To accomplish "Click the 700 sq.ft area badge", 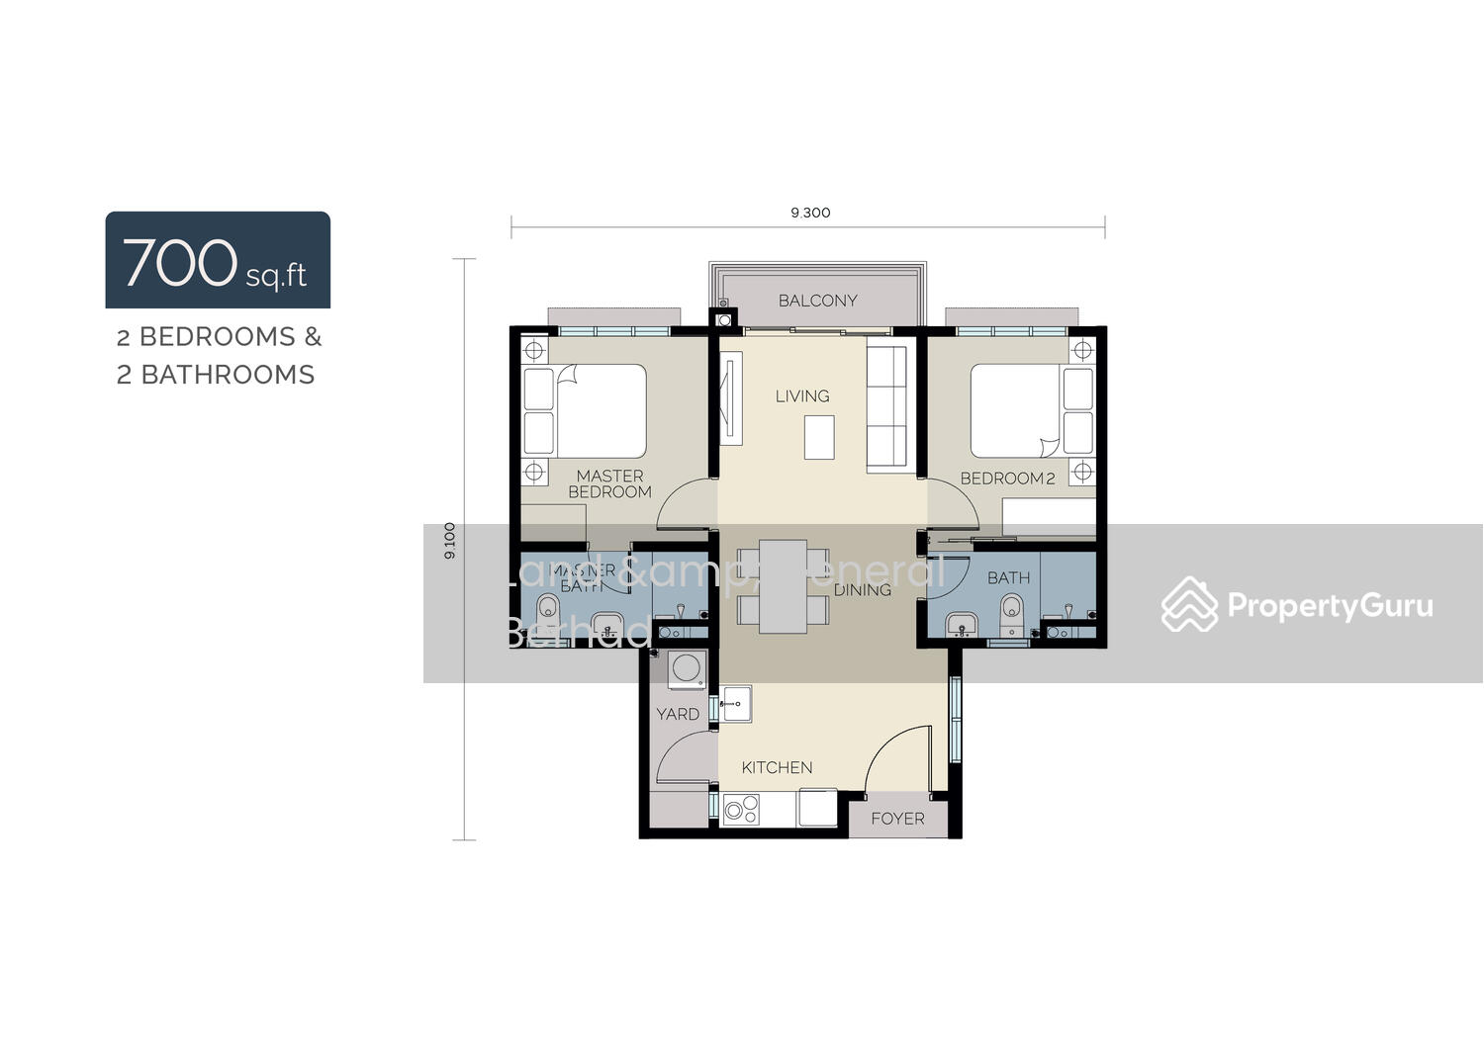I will tap(218, 260).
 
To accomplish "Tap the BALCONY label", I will tap(817, 301).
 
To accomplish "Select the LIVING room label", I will tap(802, 396).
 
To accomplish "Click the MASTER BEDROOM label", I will tap(609, 483).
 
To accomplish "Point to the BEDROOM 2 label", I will tap(1007, 479).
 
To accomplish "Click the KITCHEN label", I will tap(777, 767).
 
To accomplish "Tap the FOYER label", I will tap(897, 819).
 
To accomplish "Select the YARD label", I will tap(678, 714).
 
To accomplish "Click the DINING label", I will tap(863, 590).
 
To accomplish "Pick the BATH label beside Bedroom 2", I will tap(1008, 577).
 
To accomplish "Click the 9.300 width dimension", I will tap(810, 213).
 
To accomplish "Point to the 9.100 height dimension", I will tap(451, 541).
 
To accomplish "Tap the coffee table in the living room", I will tap(819, 437).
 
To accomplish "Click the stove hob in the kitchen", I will tap(739, 811).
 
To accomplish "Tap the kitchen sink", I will tap(735, 703).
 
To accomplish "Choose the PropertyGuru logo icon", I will tap(1188, 604).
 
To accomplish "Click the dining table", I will tap(784, 585).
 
